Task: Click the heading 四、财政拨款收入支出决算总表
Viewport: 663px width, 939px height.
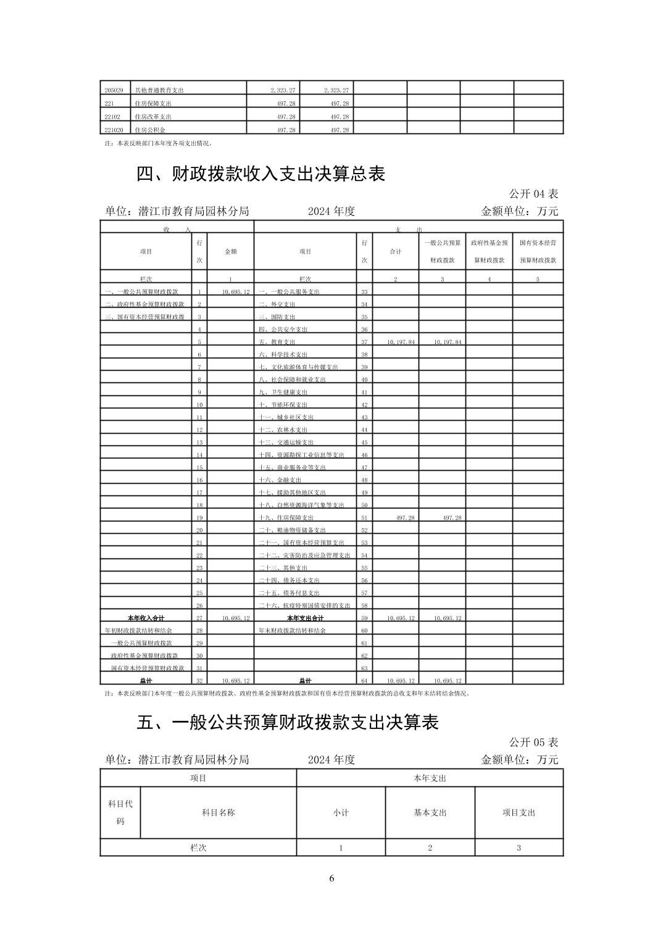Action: (x=261, y=174)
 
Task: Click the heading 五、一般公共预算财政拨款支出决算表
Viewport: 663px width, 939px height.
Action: (x=287, y=722)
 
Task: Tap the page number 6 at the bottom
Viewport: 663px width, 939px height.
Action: (x=331, y=878)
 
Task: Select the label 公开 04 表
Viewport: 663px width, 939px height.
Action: (x=533, y=193)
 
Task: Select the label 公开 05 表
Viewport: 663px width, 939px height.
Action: (x=533, y=741)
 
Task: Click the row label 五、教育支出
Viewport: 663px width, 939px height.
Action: (x=277, y=342)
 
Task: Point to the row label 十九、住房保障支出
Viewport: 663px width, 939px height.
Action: (x=286, y=518)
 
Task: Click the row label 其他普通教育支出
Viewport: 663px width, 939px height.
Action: (x=159, y=90)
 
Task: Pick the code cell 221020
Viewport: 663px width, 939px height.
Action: (x=114, y=130)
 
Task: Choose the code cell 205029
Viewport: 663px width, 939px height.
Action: (x=114, y=90)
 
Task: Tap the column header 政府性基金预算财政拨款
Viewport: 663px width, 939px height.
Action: (x=489, y=251)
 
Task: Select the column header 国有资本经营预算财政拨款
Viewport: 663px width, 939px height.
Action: (x=538, y=251)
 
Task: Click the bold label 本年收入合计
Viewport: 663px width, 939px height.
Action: (x=146, y=618)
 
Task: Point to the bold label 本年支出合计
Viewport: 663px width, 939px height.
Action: (x=305, y=618)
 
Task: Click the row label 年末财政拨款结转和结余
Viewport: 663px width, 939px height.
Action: (x=292, y=631)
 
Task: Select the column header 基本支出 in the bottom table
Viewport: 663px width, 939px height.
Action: (x=430, y=812)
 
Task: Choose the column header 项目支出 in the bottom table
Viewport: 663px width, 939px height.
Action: (x=519, y=812)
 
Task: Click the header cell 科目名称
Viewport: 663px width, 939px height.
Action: (x=219, y=812)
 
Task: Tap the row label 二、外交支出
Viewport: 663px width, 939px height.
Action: (x=277, y=305)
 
